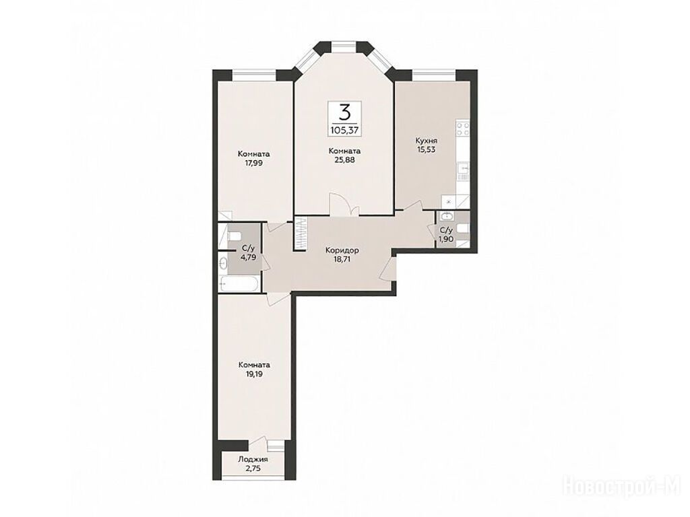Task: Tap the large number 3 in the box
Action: click(346, 112)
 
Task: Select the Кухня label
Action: click(427, 141)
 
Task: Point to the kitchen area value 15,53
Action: click(427, 149)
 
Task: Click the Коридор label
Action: click(342, 250)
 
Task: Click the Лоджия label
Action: click(253, 459)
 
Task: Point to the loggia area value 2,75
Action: click(253, 469)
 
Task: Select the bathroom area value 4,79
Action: click(248, 257)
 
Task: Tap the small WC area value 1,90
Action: click(446, 238)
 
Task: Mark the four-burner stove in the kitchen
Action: click(463, 129)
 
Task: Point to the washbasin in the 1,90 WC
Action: click(446, 215)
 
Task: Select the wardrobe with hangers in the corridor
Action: click(300, 234)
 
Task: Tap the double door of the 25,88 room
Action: click(344, 205)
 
